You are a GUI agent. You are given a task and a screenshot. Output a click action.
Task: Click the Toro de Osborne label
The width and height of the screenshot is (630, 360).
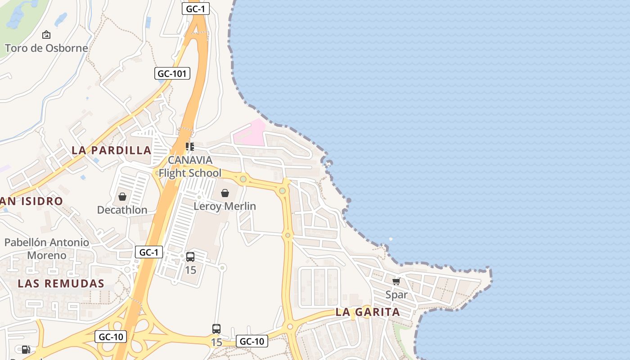pyautogui.click(x=46, y=48)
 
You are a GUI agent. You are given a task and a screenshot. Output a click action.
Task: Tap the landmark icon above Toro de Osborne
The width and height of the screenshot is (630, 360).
pyautogui.click(x=46, y=35)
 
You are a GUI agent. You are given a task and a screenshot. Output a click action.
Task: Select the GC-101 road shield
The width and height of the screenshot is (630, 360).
pyautogui.click(x=172, y=73)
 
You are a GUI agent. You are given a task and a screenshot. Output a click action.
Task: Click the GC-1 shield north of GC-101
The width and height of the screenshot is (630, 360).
pyautogui.click(x=196, y=8)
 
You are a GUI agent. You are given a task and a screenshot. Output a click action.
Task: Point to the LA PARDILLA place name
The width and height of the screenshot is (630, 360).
pyautogui.click(x=112, y=150)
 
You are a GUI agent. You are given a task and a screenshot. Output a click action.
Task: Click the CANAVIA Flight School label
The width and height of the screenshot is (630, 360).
pyautogui.click(x=190, y=166)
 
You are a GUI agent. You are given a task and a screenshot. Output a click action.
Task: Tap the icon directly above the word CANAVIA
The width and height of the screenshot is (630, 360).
pyautogui.click(x=190, y=147)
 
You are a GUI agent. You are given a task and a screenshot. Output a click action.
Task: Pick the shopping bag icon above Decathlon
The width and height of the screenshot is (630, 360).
pyautogui.click(x=122, y=197)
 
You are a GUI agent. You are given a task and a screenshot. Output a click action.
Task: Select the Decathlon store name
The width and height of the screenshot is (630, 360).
pyautogui.click(x=122, y=210)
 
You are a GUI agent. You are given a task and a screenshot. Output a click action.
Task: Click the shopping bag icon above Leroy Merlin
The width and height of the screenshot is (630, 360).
pyautogui.click(x=225, y=193)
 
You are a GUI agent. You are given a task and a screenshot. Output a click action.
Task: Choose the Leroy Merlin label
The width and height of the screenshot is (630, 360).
pyautogui.click(x=225, y=207)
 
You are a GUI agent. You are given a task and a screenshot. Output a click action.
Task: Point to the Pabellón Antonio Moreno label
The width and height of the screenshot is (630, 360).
pyautogui.click(x=47, y=249)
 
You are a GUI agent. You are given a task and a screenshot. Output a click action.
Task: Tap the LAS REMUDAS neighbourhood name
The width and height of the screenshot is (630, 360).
pyautogui.click(x=61, y=283)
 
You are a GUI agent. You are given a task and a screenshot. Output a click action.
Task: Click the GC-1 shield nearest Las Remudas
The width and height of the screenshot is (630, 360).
pyautogui.click(x=149, y=252)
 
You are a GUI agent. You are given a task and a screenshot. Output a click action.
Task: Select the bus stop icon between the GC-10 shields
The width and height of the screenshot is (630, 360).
pyautogui.click(x=216, y=329)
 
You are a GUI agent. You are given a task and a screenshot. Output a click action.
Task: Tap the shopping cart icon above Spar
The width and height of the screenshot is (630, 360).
pyautogui.click(x=396, y=282)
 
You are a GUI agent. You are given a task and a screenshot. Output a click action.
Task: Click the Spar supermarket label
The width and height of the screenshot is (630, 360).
pyautogui.click(x=396, y=295)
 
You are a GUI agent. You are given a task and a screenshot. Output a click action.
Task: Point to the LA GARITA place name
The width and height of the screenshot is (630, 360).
pyautogui.click(x=368, y=312)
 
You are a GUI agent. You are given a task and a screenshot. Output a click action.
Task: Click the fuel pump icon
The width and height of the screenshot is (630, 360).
pyautogui.click(x=26, y=350)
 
